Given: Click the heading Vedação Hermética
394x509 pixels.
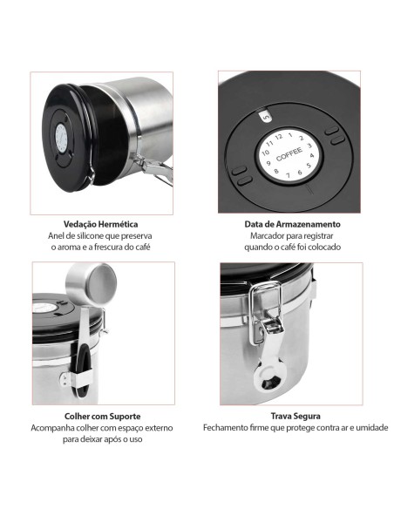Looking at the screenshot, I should point(100,224).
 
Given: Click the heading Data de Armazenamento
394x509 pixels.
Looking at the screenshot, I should point(292,224).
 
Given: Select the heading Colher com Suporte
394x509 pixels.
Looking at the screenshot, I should point(102,417).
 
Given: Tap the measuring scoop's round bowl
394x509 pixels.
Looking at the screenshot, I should point(101,281).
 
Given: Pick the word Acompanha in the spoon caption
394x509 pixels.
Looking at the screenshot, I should point(55,429).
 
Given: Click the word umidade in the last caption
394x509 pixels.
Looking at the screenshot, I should point(370,429).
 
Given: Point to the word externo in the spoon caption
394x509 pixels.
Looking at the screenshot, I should point(156,429).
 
